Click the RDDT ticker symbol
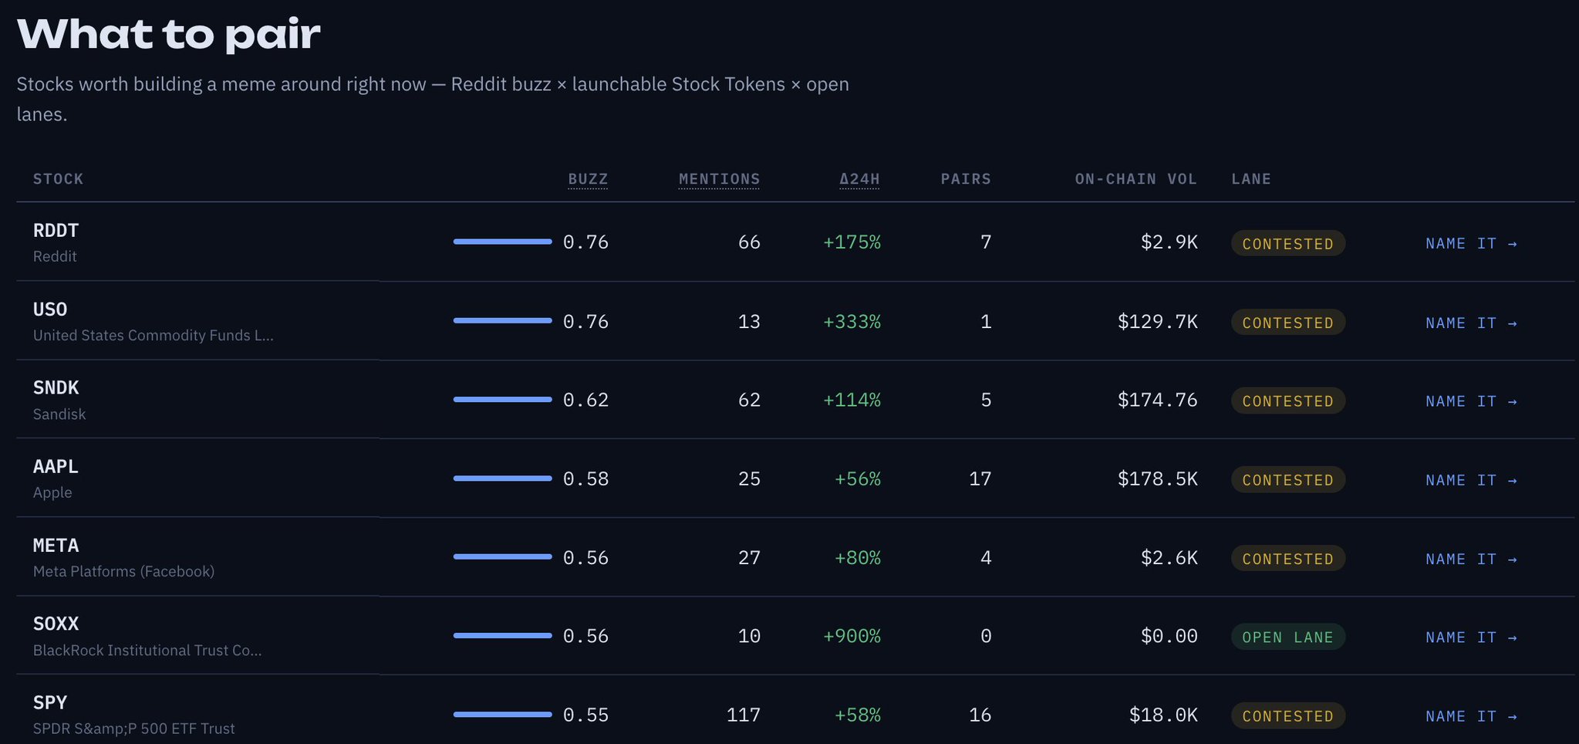coord(56,230)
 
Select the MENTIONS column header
coord(719,179)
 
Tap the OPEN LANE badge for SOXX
coord(1287,637)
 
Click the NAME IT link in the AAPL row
coord(1471,480)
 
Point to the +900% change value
coord(852,636)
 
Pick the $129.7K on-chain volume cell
coord(1157,321)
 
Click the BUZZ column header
coord(588,179)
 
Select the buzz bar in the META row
coord(502,556)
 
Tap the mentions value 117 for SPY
coord(743,715)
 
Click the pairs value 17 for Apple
coord(980,479)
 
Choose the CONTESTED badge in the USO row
coord(1287,323)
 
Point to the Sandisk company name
coord(59,414)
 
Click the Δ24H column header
coord(859,179)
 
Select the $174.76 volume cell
coord(1157,400)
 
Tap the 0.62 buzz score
coord(585,400)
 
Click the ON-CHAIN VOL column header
coord(1135,179)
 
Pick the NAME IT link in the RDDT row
coord(1471,243)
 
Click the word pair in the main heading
coord(273,37)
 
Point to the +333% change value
coord(852,321)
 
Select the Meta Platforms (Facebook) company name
coord(123,571)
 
